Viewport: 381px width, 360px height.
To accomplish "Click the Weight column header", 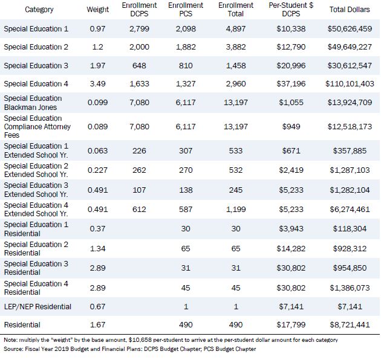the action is tap(98, 10).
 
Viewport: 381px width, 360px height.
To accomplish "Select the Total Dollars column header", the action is tap(350, 10).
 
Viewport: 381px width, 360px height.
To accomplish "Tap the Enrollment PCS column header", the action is tap(186, 10).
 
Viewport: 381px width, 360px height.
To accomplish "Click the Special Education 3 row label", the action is tap(36, 66).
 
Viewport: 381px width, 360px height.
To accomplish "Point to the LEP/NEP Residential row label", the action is tap(37, 307).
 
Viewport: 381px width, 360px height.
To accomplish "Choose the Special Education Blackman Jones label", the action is tap(33, 103).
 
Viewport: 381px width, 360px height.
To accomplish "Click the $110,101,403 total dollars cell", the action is tap(350, 84).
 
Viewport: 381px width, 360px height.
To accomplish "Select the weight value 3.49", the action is tap(98, 84).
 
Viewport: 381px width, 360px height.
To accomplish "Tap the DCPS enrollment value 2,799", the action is tap(139, 28).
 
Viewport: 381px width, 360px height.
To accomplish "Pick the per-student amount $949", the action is tap(291, 126).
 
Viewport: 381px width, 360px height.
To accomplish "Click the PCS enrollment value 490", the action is tap(186, 324).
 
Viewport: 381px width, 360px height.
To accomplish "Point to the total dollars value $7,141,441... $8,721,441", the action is tap(350, 324).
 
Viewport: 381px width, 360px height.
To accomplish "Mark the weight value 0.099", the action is tap(98, 102).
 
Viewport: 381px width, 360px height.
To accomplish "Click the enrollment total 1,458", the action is tap(236, 66).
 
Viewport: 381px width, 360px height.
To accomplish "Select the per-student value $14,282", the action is tap(291, 249).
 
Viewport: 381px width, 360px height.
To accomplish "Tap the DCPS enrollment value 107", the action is tap(139, 190).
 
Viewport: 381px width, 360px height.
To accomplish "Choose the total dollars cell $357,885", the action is tap(350, 151).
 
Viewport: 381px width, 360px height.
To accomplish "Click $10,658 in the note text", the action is tap(138, 340).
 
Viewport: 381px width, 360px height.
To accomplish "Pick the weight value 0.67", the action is tap(98, 307).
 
